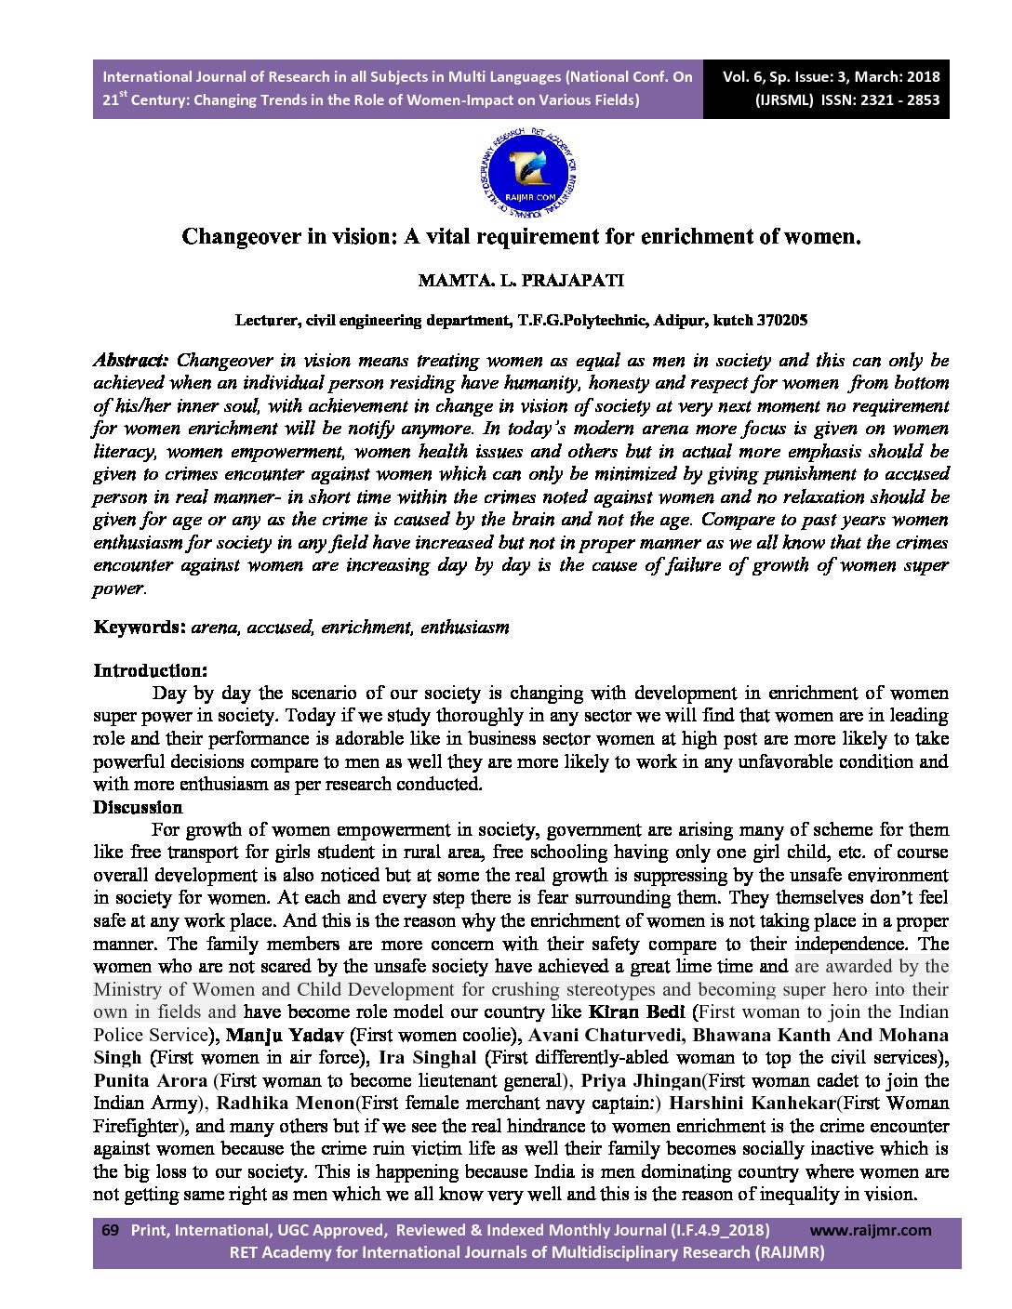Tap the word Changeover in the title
tap(239, 236)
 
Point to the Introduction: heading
tap(150, 670)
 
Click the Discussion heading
tap(138, 807)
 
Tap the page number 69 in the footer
tap(110, 1230)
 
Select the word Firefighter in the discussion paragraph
tap(137, 1126)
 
